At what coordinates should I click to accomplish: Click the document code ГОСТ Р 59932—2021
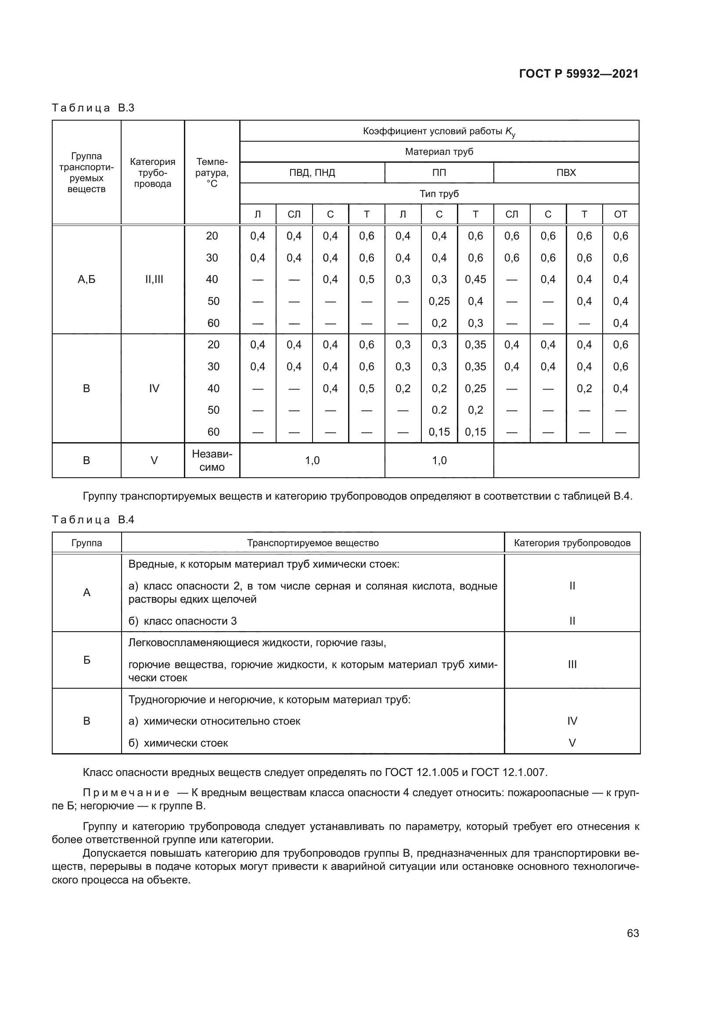point(579,74)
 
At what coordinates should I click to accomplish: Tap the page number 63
point(633,933)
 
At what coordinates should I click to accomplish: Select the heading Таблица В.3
point(93,108)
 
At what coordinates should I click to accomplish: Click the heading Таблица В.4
point(93,520)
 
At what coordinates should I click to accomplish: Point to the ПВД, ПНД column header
point(312,173)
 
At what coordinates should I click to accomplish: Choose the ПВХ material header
point(566,173)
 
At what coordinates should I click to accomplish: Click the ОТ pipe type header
point(620,214)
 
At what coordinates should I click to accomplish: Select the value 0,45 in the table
point(475,280)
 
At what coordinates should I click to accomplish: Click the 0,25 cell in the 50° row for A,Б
point(439,302)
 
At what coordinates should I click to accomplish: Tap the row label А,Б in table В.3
point(86,280)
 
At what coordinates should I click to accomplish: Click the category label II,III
point(154,280)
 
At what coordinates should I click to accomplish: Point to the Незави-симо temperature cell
point(212,461)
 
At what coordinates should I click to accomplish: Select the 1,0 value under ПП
point(439,461)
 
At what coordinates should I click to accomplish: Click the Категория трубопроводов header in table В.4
point(572,543)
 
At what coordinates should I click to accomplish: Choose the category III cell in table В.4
point(572,665)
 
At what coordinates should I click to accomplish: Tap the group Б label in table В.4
point(86,660)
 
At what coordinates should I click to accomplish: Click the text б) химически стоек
point(178,743)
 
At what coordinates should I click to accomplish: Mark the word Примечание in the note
point(126,793)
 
